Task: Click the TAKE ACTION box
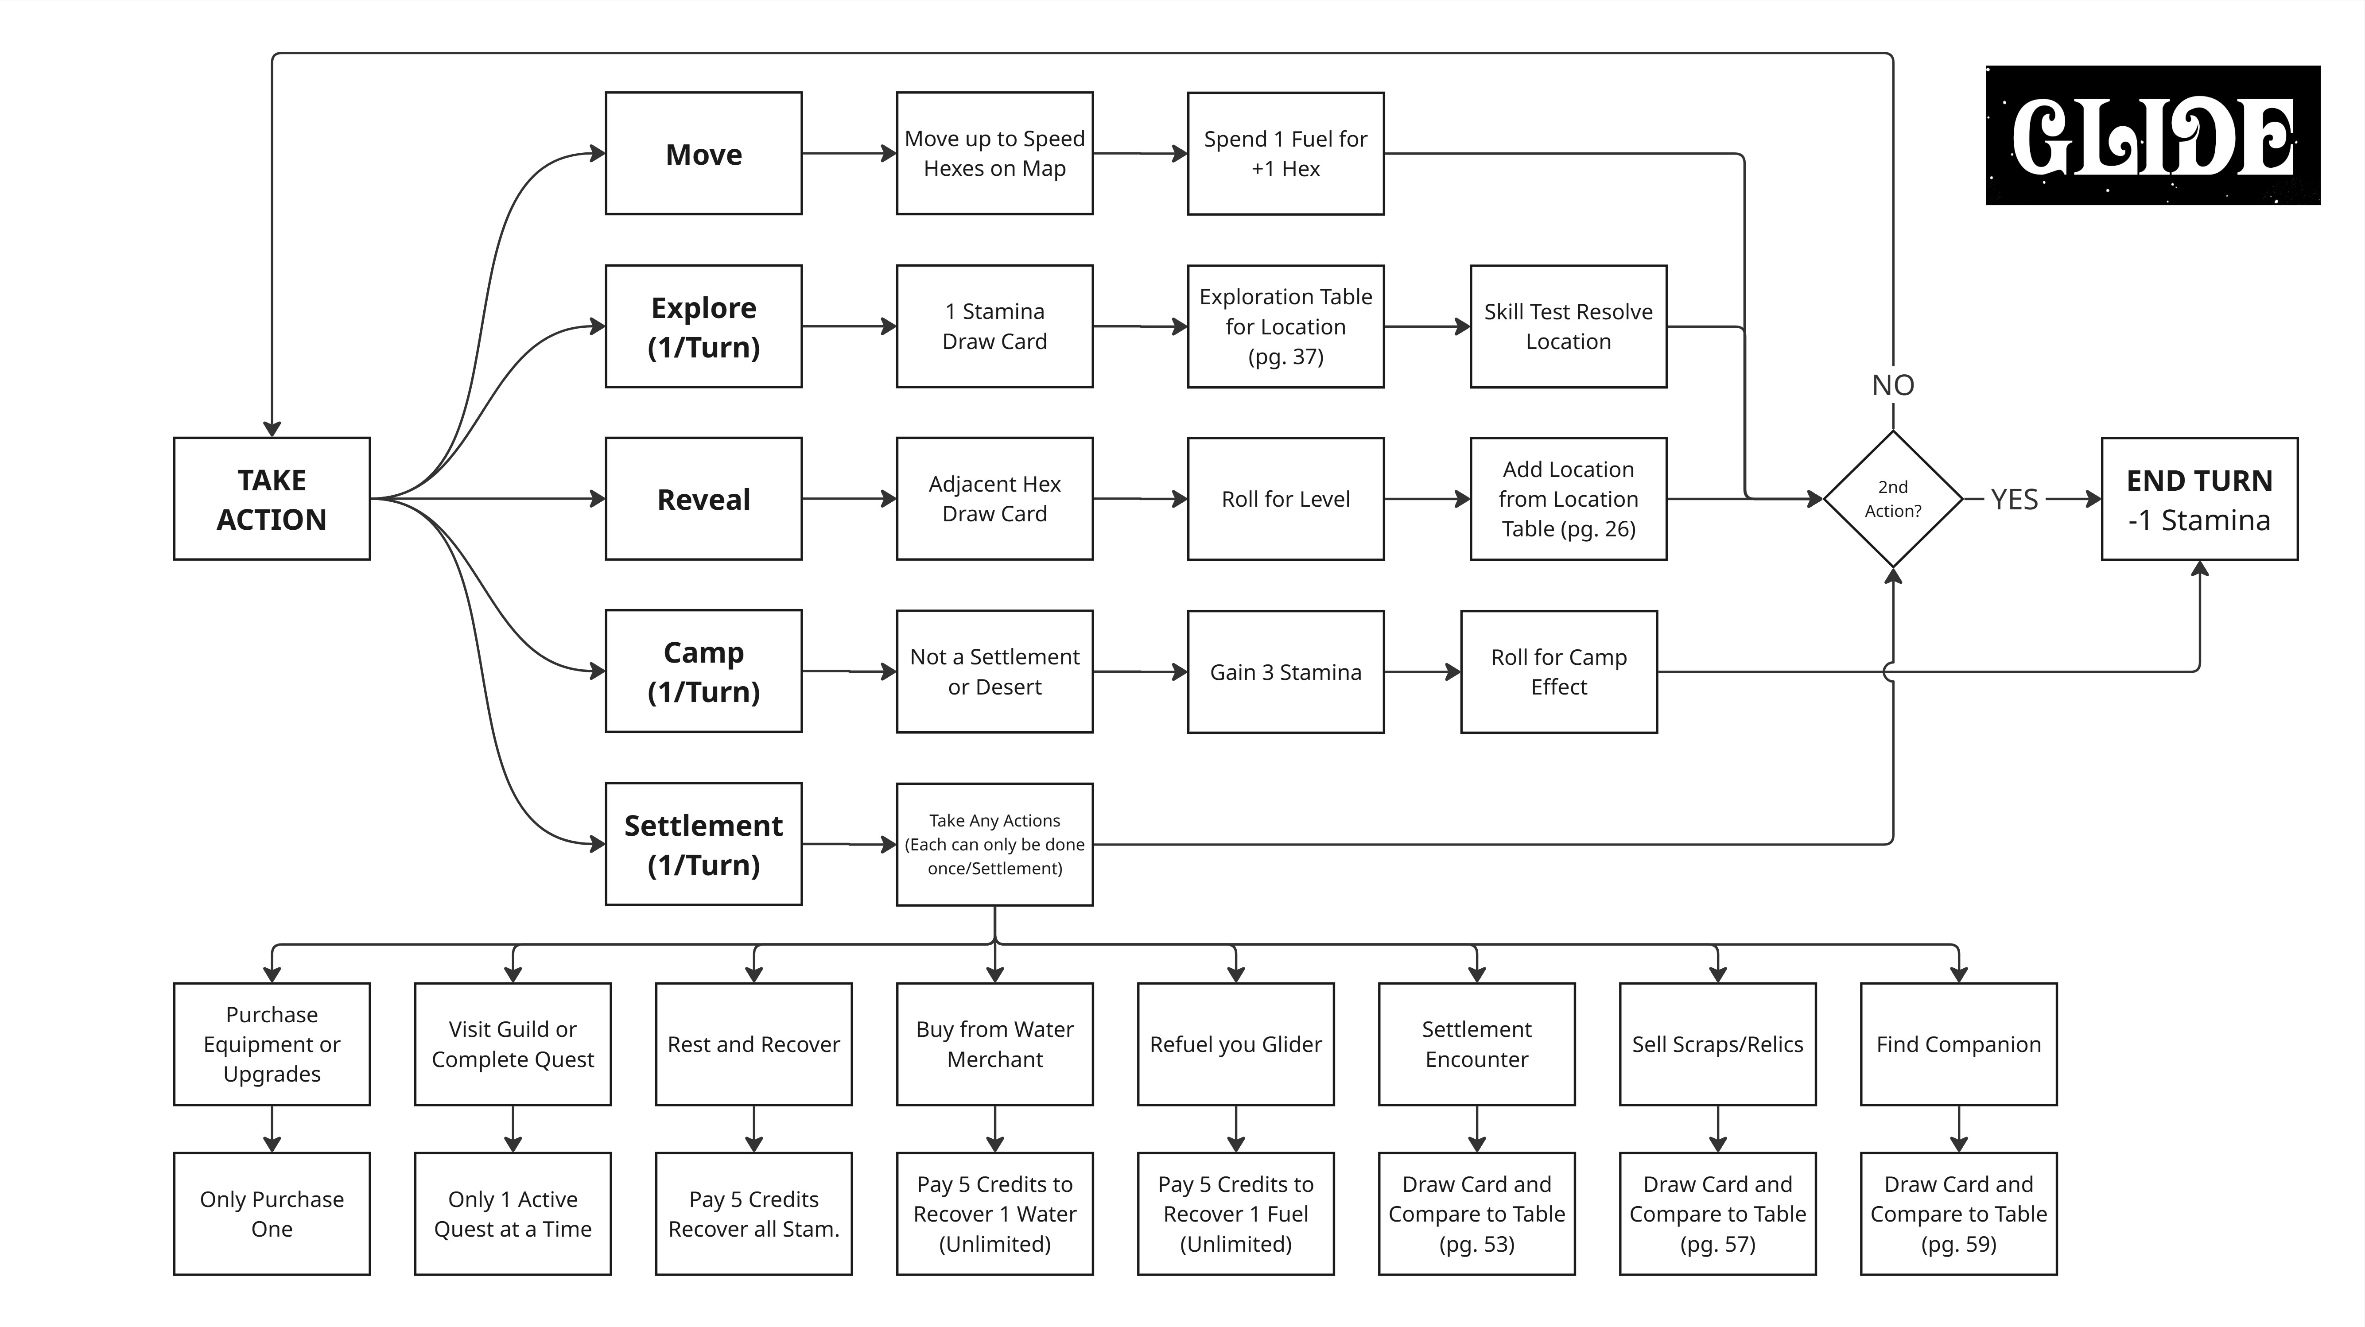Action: tap(272, 498)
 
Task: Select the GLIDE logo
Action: tap(2153, 135)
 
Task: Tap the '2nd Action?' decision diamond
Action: tap(1893, 498)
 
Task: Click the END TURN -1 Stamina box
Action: tap(2200, 498)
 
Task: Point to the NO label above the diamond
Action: tap(1893, 385)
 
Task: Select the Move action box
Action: tap(703, 153)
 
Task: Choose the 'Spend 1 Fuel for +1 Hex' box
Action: tap(1285, 153)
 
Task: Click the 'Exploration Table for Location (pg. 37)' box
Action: tap(1285, 326)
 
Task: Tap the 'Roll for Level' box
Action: tap(1285, 498)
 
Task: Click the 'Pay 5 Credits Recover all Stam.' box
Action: tap(754, 1213)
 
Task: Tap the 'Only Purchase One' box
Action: tap(272, 1213)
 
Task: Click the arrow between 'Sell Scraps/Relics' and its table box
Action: tap(1718, 1129)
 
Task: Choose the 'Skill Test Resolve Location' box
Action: tap(1568, 326)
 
